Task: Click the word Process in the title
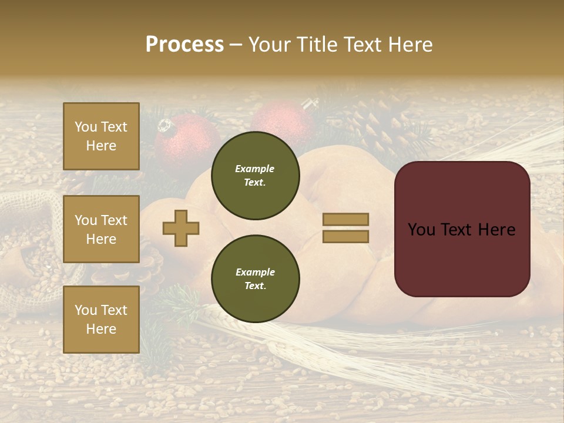(184, 45)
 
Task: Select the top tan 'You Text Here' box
(101, 136)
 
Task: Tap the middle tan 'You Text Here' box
(101, 229)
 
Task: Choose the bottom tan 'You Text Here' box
(101, 319)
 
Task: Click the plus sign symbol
(181, 228)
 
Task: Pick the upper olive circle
(255, 176)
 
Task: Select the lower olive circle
(255, 279)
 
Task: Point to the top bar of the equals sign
(345, 219)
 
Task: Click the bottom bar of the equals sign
(345, 236)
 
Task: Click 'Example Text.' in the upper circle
(255, 176)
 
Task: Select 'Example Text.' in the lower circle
(255, 279)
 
